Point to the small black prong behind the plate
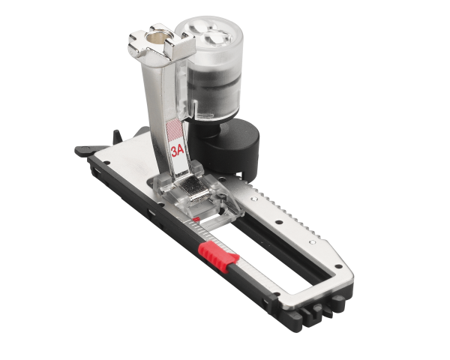pos(117,134)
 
